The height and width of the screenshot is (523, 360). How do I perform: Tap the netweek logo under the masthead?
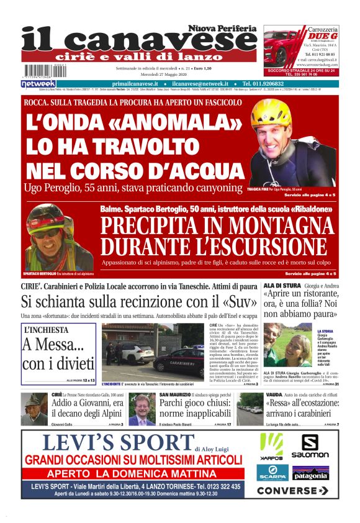pos(38,83)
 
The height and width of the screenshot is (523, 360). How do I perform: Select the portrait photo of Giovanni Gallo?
pos(34,408)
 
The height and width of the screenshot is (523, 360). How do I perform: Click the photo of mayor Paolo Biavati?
pos(142,409)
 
